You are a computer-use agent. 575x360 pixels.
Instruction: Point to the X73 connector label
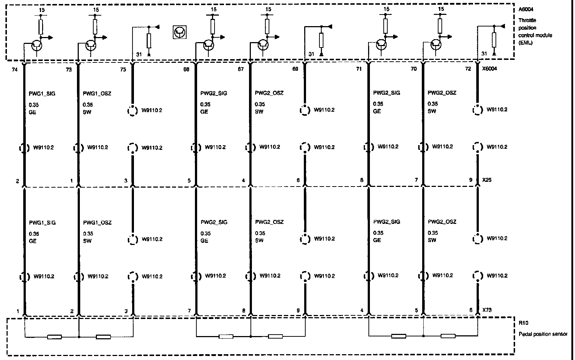coord(487,310)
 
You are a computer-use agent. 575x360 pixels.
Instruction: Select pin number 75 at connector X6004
coord(123,69)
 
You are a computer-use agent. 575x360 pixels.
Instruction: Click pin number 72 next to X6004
coord(468,69)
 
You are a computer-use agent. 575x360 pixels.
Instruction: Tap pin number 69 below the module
coord(295,69)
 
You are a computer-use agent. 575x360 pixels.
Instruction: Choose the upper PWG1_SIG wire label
coord(42,94)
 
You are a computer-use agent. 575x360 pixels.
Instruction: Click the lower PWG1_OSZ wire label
coord(97,222)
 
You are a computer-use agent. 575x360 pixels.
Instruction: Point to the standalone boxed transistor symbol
coord(179,33)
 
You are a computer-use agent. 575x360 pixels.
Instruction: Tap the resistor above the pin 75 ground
coord(148,40)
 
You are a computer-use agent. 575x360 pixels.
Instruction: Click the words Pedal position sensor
coord(543,334)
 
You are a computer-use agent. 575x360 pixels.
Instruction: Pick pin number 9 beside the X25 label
coord(471,180)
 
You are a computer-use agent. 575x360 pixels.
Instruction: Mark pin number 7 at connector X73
coord(189,311)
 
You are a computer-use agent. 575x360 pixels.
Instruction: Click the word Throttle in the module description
coord(527,20)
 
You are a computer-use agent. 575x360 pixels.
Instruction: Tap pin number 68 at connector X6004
coord(186,69)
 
